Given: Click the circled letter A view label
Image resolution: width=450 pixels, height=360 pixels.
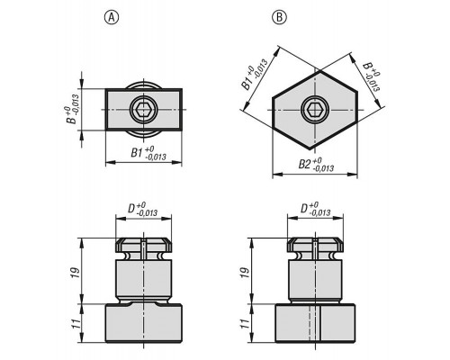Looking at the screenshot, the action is tap(112, 18).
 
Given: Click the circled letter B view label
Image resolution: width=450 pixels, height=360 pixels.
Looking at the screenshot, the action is tap(279, 18).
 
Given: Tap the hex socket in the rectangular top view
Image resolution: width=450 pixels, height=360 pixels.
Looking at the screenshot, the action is tap(143, 110).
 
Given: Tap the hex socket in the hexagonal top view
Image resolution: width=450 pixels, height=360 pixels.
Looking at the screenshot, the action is tap(315, 110).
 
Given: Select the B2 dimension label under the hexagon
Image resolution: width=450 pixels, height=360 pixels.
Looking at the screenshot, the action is tap(316, 165).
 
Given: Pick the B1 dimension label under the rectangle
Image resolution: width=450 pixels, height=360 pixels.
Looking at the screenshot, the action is tap(148, 153).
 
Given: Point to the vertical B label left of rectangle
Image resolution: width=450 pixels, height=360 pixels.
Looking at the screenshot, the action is tap(73, 110).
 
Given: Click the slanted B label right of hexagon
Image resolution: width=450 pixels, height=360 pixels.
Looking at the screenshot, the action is tap(372, 76).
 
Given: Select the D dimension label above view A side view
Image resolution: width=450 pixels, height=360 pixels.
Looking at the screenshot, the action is tap(143, 209).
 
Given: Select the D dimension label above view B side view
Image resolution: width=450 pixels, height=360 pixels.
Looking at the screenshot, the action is tap(316, 209).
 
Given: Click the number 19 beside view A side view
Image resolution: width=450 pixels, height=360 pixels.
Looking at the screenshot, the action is tap(76, 272).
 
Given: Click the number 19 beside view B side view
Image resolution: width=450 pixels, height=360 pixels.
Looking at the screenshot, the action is tap(246, 272).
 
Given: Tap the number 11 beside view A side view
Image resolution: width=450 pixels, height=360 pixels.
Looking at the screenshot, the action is tap(76, 324).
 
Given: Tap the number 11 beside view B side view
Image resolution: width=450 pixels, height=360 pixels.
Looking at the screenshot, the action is tap(246, 324).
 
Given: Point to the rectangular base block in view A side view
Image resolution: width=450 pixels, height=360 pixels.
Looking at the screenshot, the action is tap(144, 323).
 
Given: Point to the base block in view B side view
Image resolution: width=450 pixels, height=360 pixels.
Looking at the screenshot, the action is tap(315, 323).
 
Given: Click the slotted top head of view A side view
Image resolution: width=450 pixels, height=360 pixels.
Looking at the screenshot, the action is tap(144, 245).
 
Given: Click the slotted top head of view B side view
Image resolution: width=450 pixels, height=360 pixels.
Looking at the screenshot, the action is tap(315, 245).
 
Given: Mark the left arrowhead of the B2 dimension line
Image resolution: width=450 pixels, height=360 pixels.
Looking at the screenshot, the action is tap(276, 174).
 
